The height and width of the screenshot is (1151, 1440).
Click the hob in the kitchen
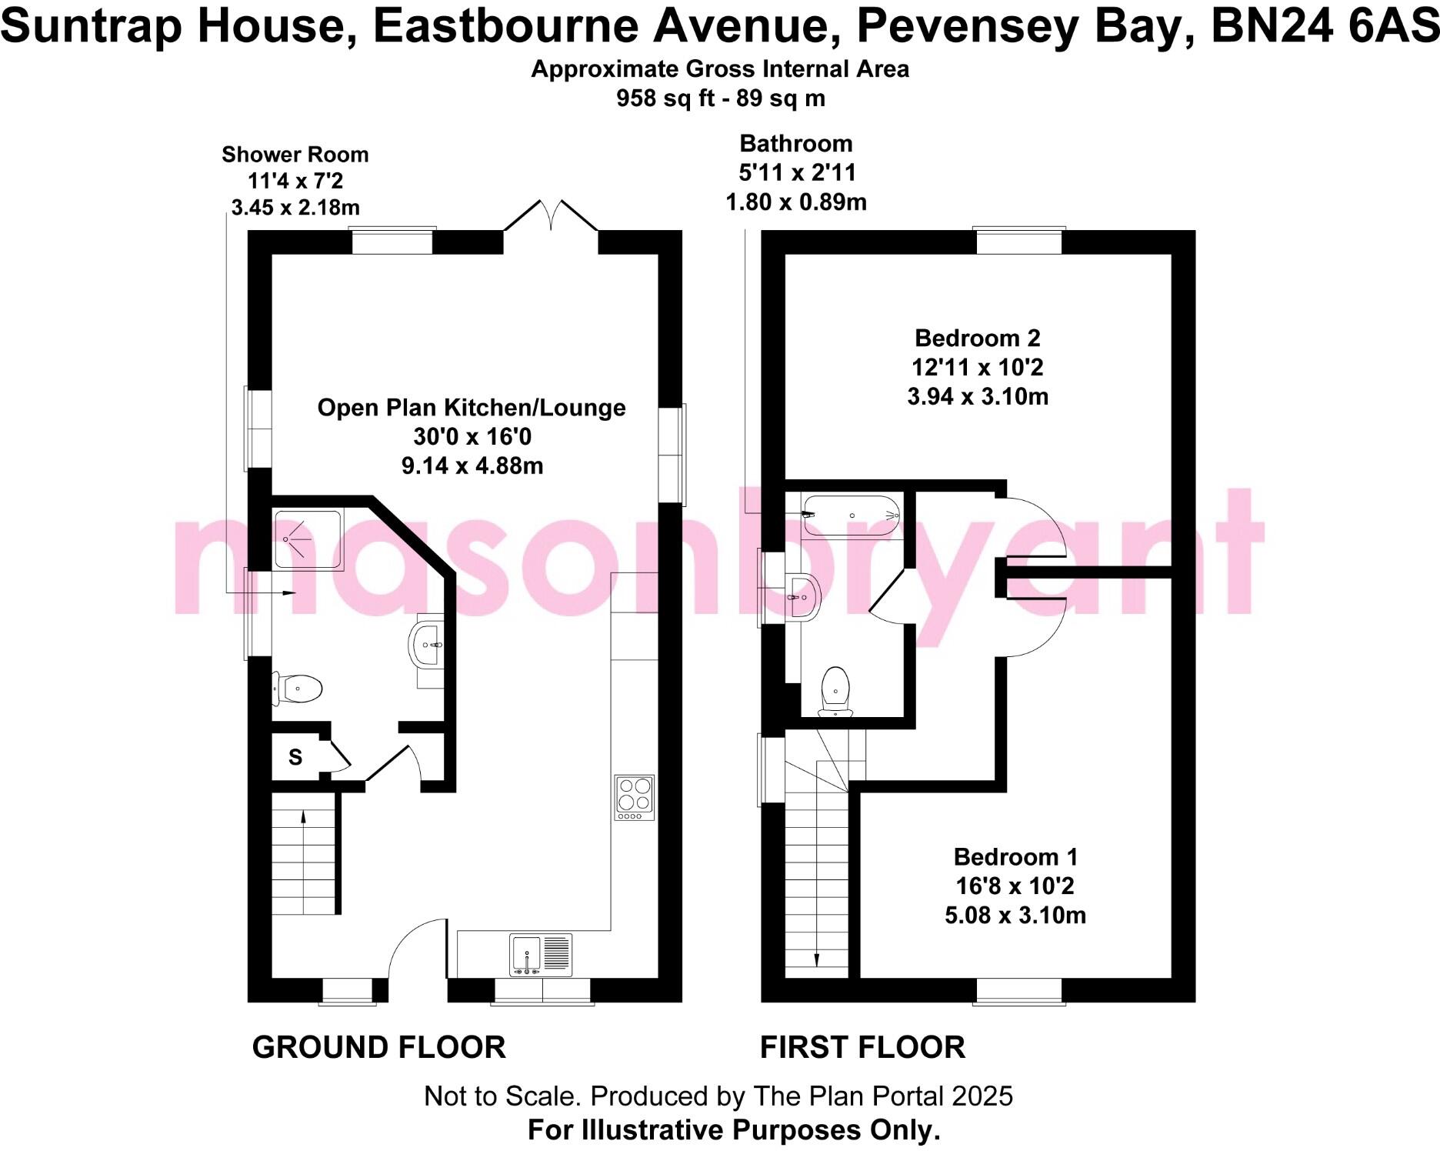(635, 797)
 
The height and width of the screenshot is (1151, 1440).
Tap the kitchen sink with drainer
(541, 955)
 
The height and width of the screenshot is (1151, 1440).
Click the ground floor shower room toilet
(298, 689)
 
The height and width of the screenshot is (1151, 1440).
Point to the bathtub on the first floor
(851, 515)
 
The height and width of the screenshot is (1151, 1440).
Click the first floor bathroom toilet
(835, 690)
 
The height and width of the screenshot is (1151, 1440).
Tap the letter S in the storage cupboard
(295, 757)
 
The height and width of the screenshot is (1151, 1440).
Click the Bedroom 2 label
(977, 338)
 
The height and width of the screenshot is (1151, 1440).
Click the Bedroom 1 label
(1015, 856)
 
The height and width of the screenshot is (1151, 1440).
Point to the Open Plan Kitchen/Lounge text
(472, 407)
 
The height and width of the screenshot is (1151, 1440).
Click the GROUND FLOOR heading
(378, 1047)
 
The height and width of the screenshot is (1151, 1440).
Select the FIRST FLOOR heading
(862, 1047)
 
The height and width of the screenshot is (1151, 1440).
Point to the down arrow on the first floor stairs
(816, 959)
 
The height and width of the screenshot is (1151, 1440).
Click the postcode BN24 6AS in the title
(1324, 26)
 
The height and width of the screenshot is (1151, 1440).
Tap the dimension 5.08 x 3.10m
(1015, 915)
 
